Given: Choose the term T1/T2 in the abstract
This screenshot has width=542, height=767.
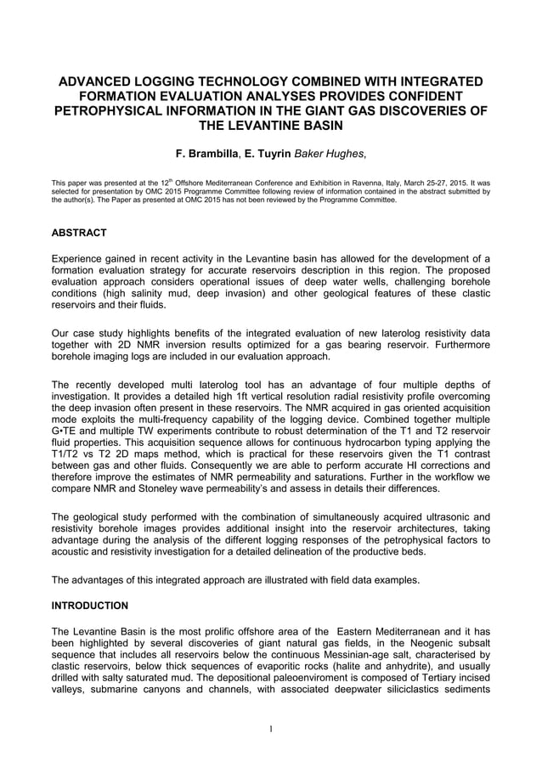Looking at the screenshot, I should [x=69, y=457].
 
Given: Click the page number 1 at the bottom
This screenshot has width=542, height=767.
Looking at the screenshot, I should [x=270, y=729].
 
